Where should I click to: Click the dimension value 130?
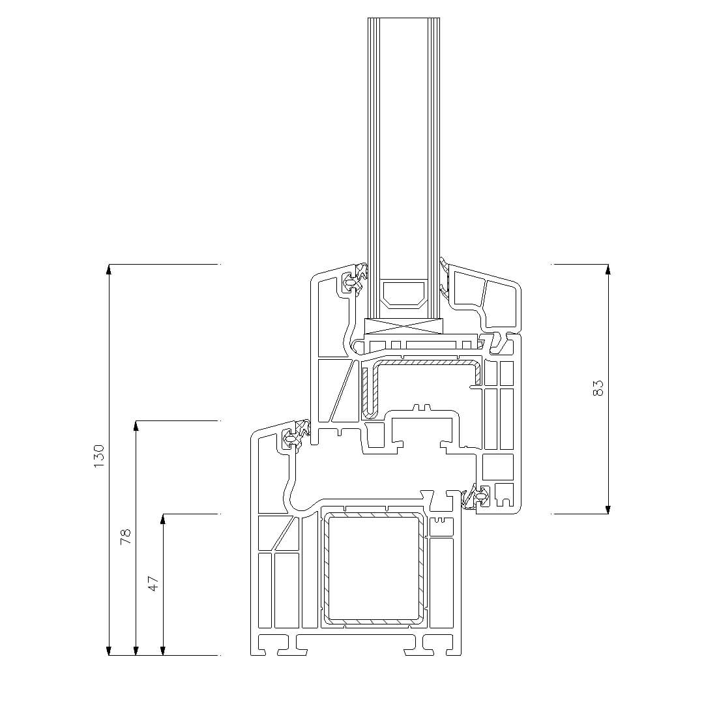coord(99,456)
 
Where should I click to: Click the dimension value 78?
coord(126,537)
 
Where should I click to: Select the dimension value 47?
coord(154,583)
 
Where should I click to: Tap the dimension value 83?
coord(598,389)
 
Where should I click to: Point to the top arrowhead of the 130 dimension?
coord(109,269)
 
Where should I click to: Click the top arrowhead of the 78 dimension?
coord(136,425)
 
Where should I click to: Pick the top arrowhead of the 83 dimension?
coord(608,269)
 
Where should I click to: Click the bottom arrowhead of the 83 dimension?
coord(608,509)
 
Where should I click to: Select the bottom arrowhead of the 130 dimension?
coord(109,651)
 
